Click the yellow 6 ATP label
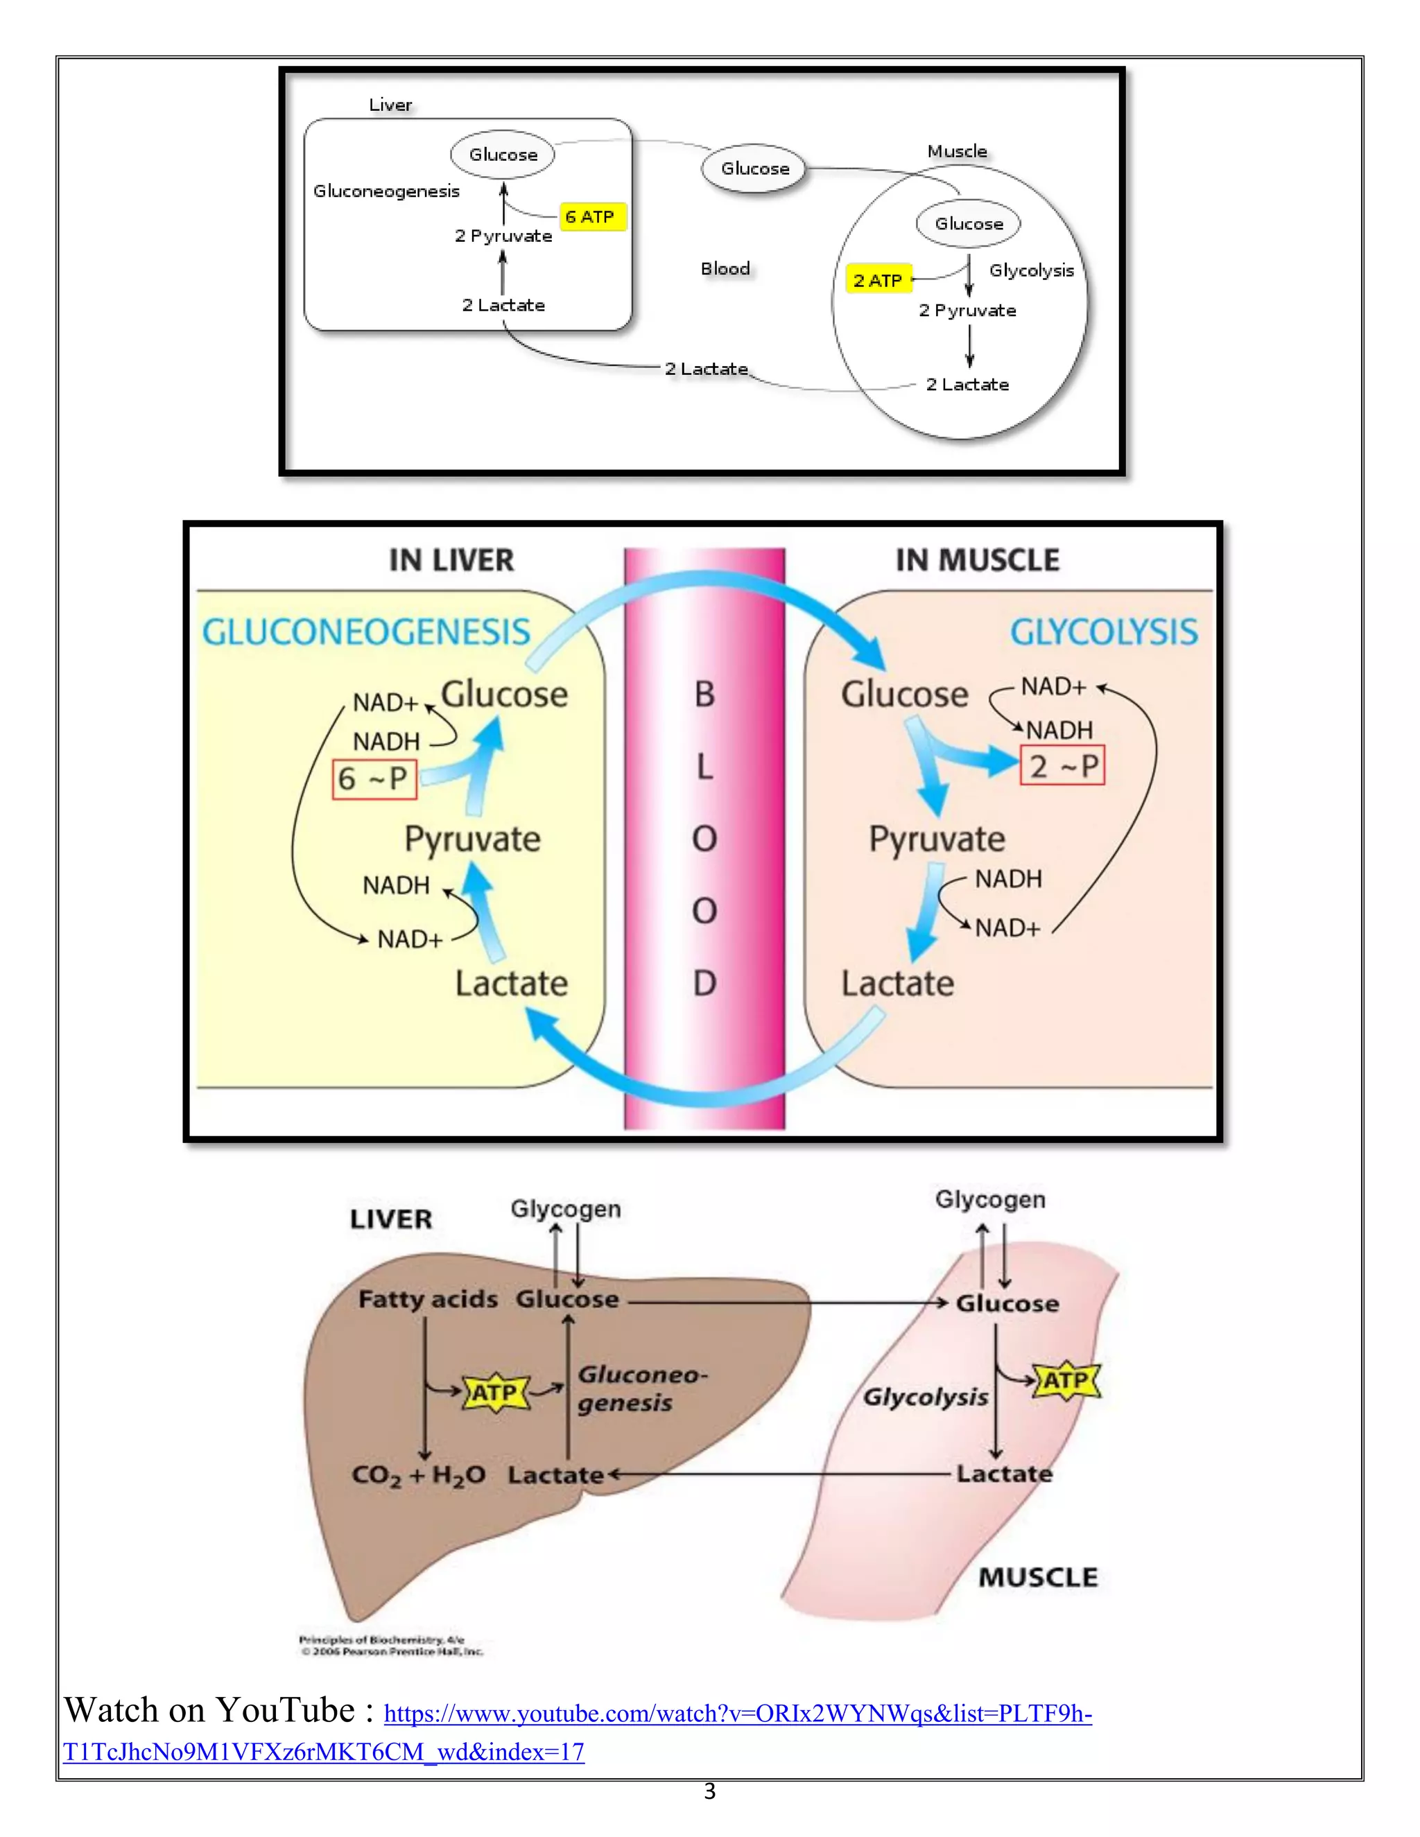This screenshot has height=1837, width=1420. click(x=591, y=217)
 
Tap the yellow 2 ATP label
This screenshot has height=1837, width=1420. click(x=878, y=280)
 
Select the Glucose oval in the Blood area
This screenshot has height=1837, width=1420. click(x=754, y=168)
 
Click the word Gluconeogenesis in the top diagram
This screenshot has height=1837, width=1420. click(x=386, y=192)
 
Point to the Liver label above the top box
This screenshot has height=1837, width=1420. click(x=390, y=105)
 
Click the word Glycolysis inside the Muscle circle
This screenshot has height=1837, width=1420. click(x=1031, y=271)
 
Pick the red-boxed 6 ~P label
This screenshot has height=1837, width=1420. click(x=374, y=779)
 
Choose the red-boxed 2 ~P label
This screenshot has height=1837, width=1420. click(x=1062, y=765)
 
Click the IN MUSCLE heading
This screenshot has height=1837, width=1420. click(x=978, y=560)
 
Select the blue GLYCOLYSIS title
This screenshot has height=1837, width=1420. click(x=1104, y=632)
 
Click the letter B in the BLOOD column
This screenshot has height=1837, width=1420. click(x=704, y=695)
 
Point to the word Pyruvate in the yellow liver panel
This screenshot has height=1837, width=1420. click(x=473, y=839)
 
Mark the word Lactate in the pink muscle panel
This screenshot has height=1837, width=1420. click(x=898, y=983)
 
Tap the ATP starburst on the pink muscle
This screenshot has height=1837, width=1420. click(x=1066, y=1380)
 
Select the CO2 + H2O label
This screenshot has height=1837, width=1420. click(x=418, y=1474)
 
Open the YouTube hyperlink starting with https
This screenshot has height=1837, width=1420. click(x=737, y=1714)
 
